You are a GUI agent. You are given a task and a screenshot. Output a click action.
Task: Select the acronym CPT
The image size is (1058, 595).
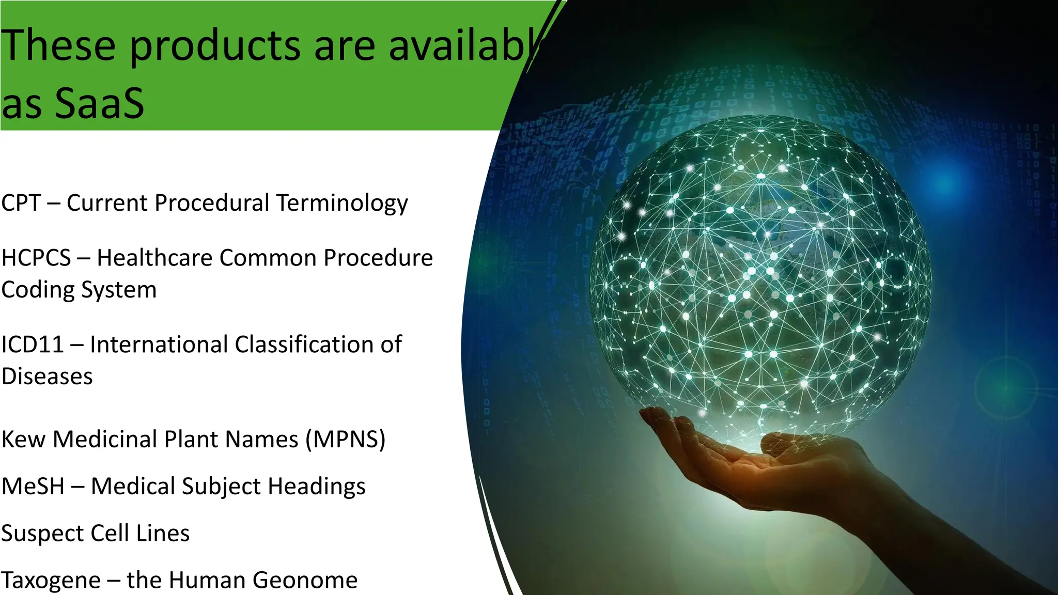coord(21,203)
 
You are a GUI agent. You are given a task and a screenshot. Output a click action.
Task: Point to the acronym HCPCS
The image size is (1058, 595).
coord(36,258)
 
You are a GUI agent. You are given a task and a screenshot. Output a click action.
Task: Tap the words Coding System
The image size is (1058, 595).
coord(79,290)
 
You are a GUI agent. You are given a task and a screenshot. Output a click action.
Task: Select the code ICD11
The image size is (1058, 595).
coord(32,345)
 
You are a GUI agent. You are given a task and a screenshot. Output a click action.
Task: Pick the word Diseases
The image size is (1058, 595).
coord(47,377)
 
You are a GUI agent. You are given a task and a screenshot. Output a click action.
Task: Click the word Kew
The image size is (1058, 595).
coord(23,440)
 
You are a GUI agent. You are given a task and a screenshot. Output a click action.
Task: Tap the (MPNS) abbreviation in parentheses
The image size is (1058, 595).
coord(345,440)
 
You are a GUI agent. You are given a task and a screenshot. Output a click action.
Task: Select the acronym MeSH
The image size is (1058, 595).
coord(33,487)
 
